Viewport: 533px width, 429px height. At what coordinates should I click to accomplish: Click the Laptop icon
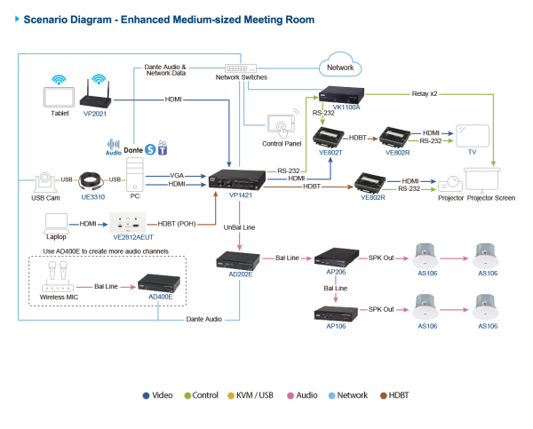(x=57, y=225)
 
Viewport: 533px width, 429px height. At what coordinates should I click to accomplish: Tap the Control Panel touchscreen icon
(x=282, y=124)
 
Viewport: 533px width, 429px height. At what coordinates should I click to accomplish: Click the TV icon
(x=472, y=136)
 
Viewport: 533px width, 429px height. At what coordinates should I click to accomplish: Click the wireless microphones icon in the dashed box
(x=54, y=271)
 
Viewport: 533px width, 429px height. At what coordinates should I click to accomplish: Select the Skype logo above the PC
(x=150, y=149)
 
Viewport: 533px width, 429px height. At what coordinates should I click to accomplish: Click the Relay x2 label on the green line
(x=424, y=91)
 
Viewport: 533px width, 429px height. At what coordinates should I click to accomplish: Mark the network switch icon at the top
(x=240, y=68)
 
